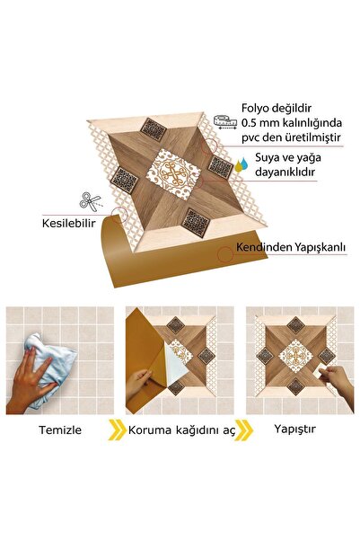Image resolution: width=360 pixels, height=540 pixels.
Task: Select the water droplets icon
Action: [241, 164]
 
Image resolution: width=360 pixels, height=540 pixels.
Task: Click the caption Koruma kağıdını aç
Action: [180, 429]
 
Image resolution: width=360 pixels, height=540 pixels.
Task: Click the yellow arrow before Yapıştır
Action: [246, 429]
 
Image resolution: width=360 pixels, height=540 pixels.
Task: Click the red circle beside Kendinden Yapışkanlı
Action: [224, 253]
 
